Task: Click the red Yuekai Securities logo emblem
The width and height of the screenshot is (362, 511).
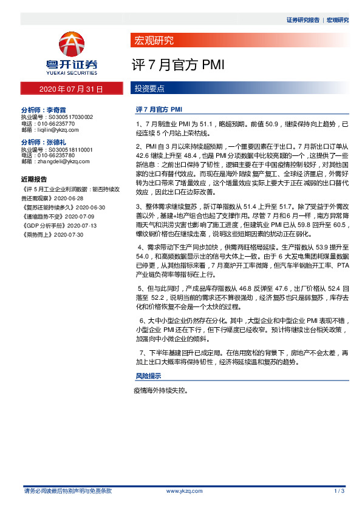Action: pyautogui.click(x=72, y=46)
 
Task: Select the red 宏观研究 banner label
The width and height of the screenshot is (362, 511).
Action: pyautogui.click(x=153, y=41)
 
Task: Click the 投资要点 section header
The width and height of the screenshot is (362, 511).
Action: pyautogui.click(x=149, y=89)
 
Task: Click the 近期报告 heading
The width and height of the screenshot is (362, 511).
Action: pyautogui.click(x=33, y=180)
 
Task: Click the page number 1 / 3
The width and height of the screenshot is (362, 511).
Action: pyautogui.click(x=340, y=490)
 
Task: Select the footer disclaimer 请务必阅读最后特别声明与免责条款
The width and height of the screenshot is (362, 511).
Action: pyautogui.click(x=67, y=490)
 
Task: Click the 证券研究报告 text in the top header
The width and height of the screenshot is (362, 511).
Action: pyautogui.click(x=302, y=20)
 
